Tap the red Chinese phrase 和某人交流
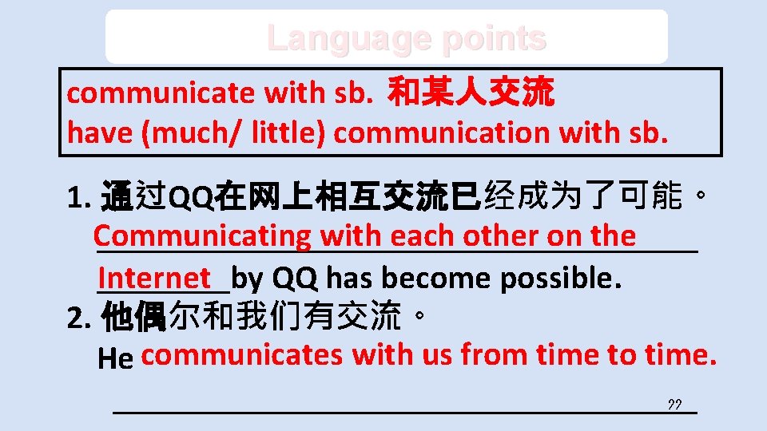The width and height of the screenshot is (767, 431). tap(470, 93)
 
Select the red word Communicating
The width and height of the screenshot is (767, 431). tap(201, 235)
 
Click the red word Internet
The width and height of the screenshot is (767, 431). tap(154, 278)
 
